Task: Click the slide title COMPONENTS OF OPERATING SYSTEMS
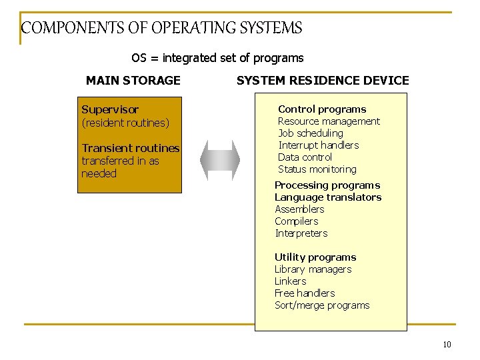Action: tap(161, 28)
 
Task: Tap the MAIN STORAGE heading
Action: tap(133, 81)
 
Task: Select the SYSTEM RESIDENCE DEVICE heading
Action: tap(323, 81)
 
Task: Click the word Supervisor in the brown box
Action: tap(110, 109)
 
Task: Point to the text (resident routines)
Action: tap(125, 123)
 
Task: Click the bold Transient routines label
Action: tap(131, 148)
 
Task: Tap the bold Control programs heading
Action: tap(322, 109)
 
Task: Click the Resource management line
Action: tap(329, 121)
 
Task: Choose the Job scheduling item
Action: tap(311, 133)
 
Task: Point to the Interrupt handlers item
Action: tap(318, 145)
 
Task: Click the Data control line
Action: tap(305, 157)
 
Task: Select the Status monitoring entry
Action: tap(317, 169)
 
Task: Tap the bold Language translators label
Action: tap(328, 197)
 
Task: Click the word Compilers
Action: tap(297, 221)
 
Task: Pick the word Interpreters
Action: tap(301, 233)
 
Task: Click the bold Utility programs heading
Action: tap(315, 257)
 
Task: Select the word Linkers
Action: tap(291, 281)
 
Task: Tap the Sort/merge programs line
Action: tap(322, 305)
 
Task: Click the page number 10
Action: tap(447, 345)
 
